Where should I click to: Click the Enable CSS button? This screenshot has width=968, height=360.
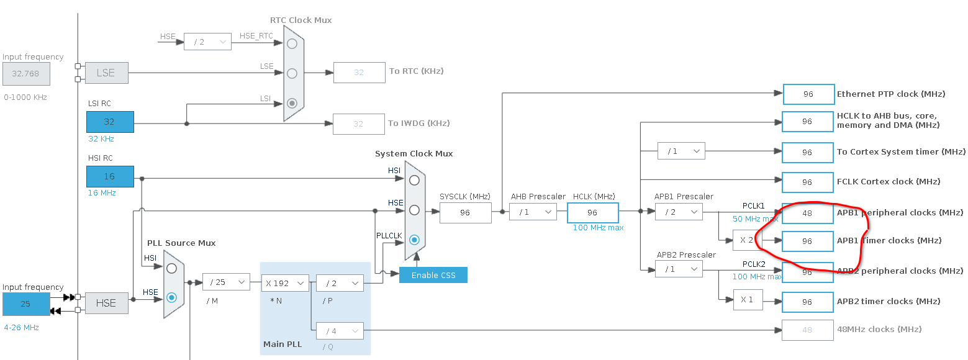[x=433, y=276]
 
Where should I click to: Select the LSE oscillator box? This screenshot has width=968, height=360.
[x=106, y=73]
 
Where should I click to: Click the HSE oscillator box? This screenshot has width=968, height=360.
[x=106, y=303]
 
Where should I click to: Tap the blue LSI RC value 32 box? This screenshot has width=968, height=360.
[x=110, y=122]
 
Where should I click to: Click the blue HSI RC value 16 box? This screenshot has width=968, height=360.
[x=110, y=176]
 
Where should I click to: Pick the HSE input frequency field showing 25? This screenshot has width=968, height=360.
[x=26, y=304]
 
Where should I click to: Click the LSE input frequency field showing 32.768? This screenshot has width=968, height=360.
[x=26, y=73]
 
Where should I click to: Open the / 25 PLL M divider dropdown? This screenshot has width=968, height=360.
[x=226, y=282]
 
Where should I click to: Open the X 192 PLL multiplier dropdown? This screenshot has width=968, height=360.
[x=285, y=283]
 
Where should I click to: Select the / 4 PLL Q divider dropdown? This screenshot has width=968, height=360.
[x=340, y=331]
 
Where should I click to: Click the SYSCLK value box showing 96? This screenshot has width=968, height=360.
[x=466, y=213]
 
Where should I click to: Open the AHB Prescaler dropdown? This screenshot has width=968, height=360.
[x=533, y=212]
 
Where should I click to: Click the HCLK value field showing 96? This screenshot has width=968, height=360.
[x=593, y=213]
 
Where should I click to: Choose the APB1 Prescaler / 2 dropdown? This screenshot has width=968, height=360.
[x=679, y=212]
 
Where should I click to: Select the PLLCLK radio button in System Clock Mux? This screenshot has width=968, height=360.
[x=414, y=240]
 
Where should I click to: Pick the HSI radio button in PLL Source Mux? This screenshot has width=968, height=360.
[x=171, y=268]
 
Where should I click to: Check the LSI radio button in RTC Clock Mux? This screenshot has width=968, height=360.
[x=292, y=103]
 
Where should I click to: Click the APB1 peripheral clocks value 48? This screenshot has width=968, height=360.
[x=808, y=213]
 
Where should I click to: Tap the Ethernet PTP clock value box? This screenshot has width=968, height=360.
[x=808, y=94]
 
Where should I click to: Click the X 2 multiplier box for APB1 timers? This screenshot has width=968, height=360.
[x=748, y=240]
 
